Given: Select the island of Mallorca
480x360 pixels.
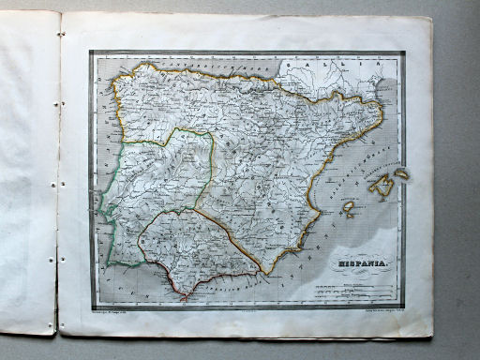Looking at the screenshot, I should click(383, 187).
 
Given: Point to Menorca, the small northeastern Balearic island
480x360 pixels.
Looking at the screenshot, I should click(401, 172).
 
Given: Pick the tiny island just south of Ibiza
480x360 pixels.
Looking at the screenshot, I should click(348, 215).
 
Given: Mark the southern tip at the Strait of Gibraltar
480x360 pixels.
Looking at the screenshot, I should click(185, 298).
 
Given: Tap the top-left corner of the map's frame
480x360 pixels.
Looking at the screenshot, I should click(91, 52).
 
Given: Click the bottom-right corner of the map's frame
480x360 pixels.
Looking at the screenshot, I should click(404, 302).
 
